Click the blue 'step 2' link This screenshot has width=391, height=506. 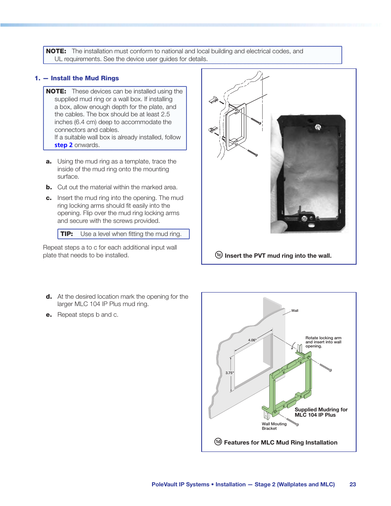tap(64, 145)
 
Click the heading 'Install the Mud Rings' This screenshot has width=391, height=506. tap(84, 78)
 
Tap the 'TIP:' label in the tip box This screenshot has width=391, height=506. tap(67, 234)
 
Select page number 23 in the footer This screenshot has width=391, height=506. tap(352, 484)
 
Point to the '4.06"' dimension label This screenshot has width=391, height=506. tap(252, 340)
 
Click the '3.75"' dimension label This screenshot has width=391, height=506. tap(230, 373)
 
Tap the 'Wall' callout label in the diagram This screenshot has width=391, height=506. tap(295, 311)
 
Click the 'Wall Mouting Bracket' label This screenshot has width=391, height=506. tap(274, 426)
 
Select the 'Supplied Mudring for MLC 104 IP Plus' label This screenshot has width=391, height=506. tap(321, 412)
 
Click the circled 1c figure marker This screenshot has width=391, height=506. tap(219, 255)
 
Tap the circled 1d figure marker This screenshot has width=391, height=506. tap(218, 442)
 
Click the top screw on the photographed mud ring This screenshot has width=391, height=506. tap(317, 127)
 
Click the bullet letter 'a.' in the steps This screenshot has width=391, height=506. tap(49, 161)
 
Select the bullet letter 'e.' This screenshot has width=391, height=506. tap(49, 315)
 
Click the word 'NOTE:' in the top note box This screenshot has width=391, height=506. tap(56, 51)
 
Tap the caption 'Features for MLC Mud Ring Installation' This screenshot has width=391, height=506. tap(280, 442)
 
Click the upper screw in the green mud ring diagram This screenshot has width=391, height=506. tap(325, 367)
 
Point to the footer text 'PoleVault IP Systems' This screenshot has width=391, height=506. tap(180, 484)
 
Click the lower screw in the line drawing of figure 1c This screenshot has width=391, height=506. tap(252, 153)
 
